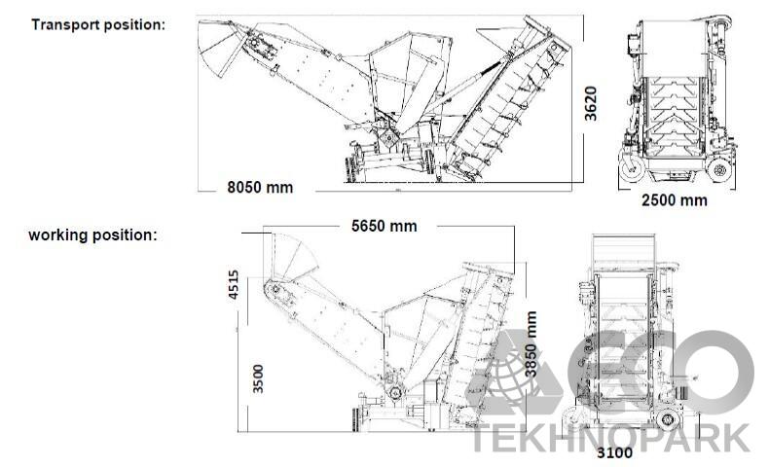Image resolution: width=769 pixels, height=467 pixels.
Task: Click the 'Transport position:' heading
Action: (98, 23)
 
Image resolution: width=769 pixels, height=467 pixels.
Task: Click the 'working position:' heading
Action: (92, 235)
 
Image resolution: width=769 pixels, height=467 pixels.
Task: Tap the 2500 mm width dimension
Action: (674, 200)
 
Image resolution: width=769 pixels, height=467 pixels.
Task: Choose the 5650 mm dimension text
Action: (384, 226)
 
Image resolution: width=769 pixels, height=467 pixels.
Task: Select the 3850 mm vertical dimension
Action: (531, 344)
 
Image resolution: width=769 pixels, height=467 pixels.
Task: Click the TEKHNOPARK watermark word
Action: (611, 437)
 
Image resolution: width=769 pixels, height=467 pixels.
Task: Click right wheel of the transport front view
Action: (719, 171)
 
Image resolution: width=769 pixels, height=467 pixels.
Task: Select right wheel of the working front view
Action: (669, 418)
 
